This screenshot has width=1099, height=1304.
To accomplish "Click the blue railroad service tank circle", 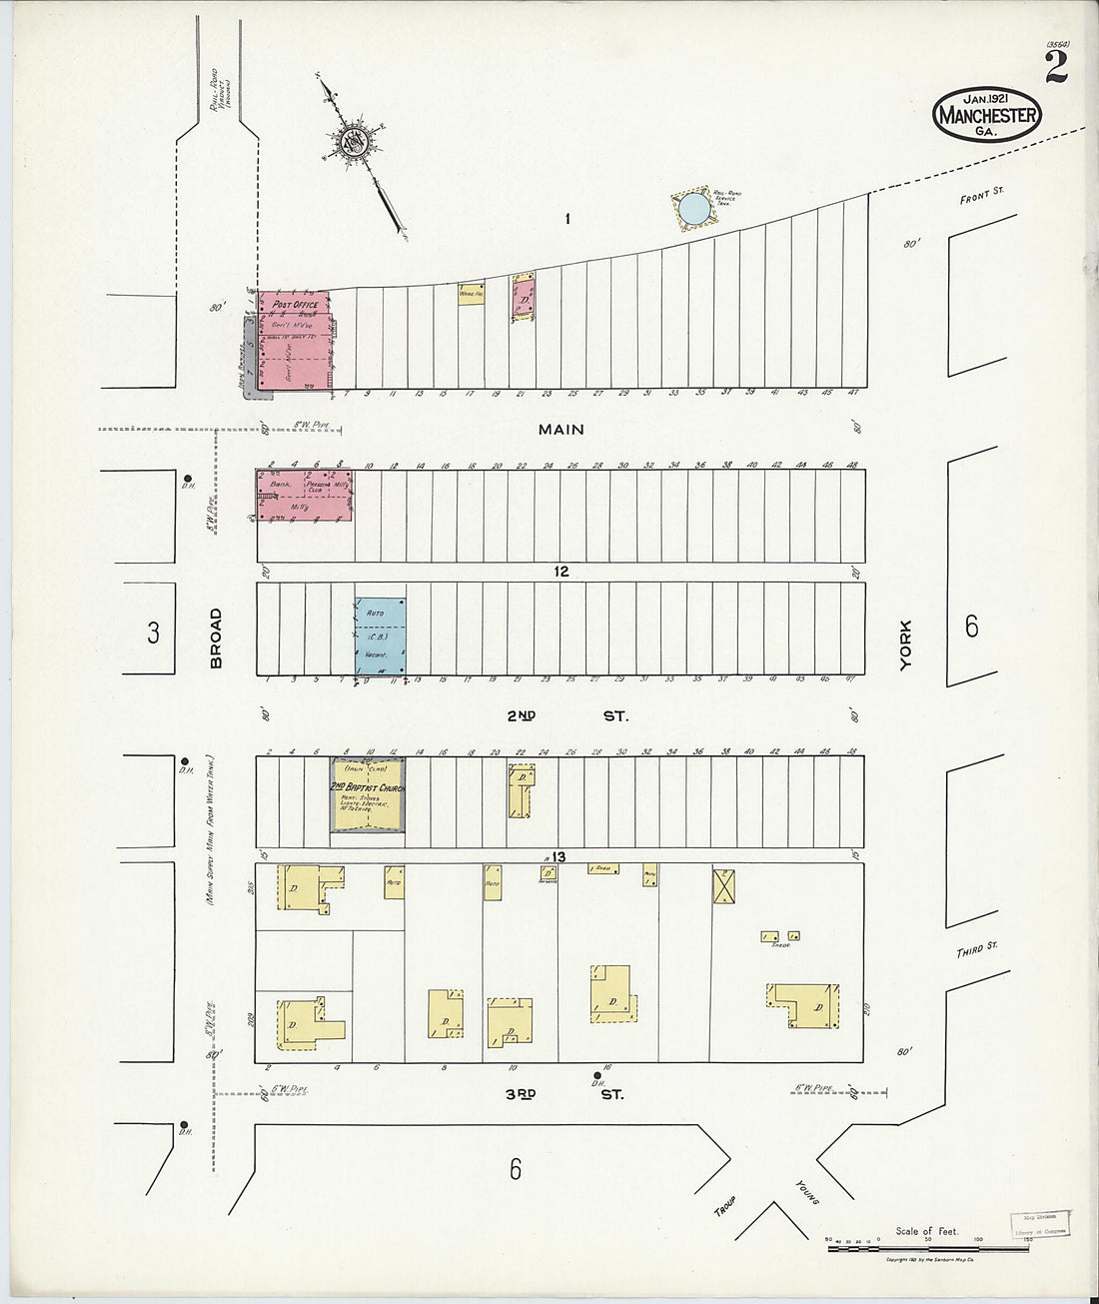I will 694,209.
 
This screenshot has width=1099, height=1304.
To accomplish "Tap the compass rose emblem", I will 355,143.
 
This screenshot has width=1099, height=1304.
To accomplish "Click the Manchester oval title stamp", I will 986,114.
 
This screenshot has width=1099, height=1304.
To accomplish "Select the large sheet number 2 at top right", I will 1055,67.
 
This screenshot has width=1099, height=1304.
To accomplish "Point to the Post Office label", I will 295,304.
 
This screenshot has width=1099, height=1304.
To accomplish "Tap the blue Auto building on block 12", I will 381,636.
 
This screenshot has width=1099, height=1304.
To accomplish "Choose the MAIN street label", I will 560,430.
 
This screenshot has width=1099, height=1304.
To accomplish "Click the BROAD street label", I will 216,638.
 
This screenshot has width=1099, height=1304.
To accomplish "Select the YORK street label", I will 905,645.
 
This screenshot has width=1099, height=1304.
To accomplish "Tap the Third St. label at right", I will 977,948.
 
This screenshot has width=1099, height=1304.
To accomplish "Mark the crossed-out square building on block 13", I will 724,885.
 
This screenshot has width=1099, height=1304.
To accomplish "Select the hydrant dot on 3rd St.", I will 597,1076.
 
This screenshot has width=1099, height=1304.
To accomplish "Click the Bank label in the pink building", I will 279,484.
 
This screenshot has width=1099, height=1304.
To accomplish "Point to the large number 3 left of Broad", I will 153,633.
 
